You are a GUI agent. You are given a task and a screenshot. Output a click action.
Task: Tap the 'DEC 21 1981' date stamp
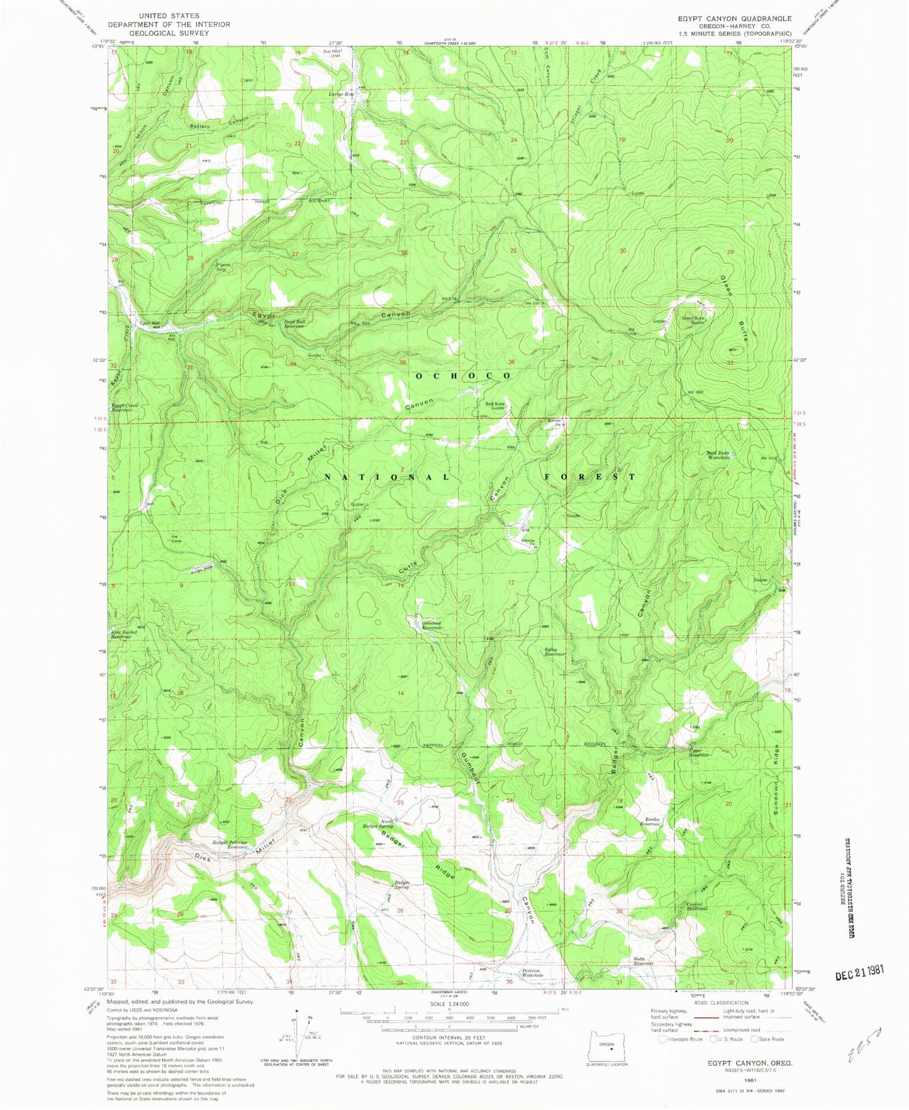[x=859, y=972]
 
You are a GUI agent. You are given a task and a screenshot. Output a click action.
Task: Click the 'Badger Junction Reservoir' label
[x=229, y=844]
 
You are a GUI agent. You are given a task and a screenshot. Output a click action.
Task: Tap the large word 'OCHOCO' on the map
[x=462, y=376]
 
